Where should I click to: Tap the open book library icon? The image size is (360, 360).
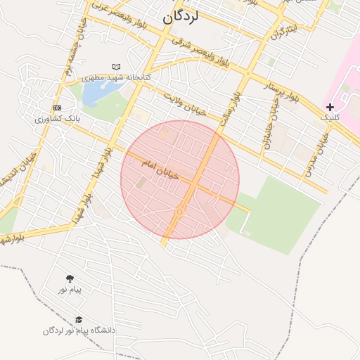click(116, 67)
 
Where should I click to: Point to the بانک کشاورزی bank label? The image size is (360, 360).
click(58, 118)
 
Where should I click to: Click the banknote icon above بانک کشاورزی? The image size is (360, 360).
click(57, 108)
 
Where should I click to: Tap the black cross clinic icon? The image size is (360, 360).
click(330, 107)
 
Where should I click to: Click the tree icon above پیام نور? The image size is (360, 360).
click(70, 278)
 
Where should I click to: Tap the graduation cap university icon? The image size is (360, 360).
click(79, 320)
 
